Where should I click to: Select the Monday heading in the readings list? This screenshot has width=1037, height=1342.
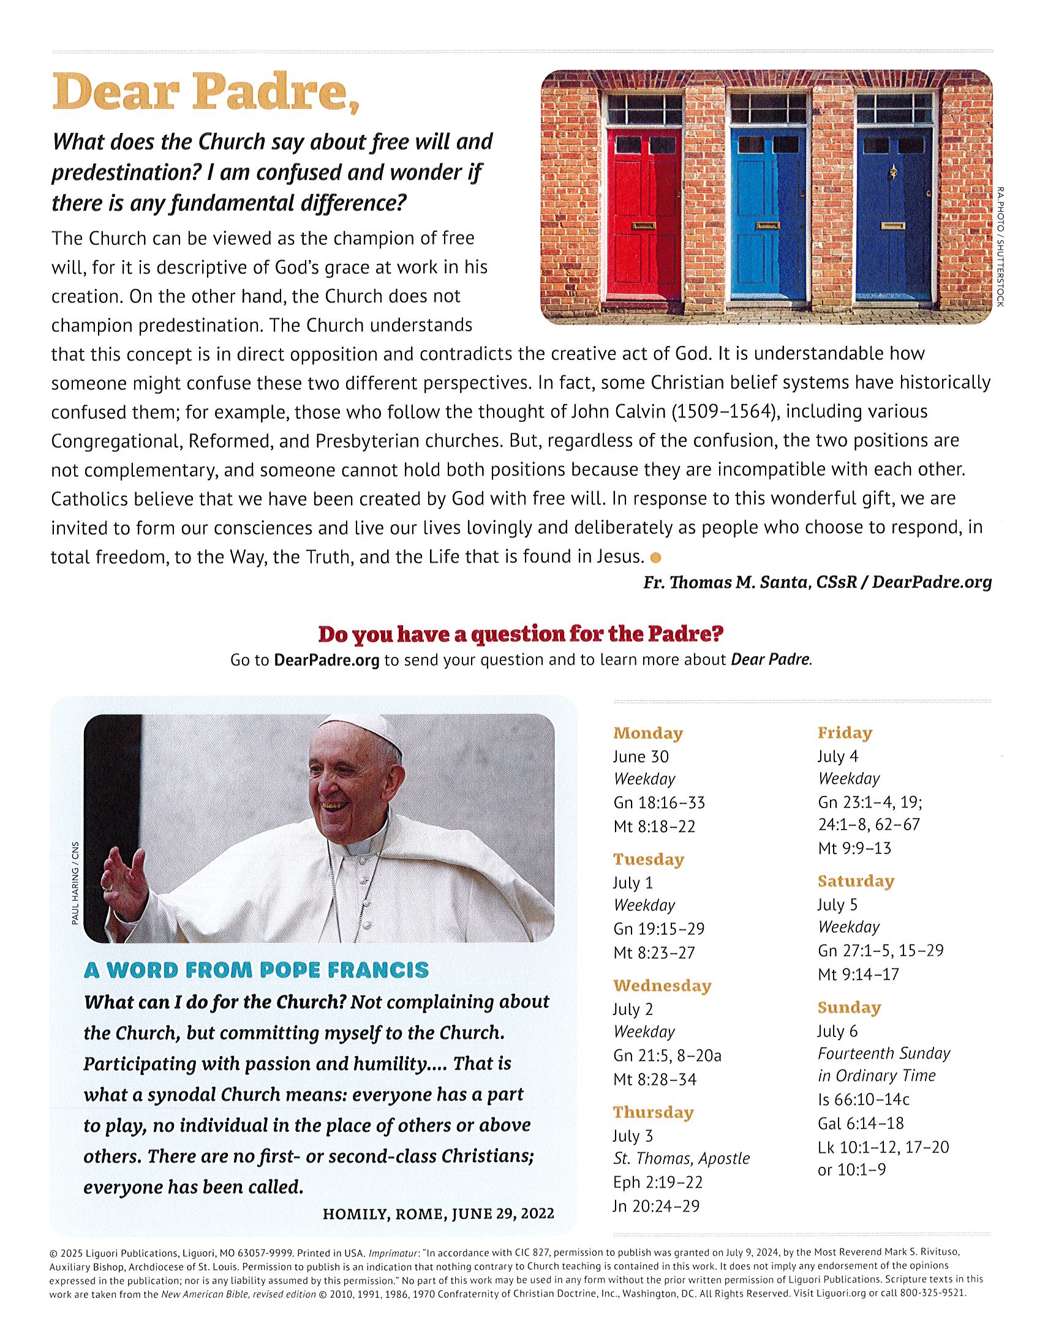tap(648, 733)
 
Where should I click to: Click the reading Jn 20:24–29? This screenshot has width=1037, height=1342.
tap(656, 1205)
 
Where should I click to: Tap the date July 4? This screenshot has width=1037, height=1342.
tap(837, 756)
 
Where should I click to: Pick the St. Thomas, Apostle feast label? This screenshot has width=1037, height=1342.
tap(681, 1158)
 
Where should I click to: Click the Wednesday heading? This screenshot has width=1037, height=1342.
tap(662, 986)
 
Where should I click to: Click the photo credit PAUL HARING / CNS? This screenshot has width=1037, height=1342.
tap(75, 885)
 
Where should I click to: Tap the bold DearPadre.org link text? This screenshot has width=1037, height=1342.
tap(326, 661)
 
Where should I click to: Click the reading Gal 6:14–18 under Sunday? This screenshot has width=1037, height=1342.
tap(861, 1123)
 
